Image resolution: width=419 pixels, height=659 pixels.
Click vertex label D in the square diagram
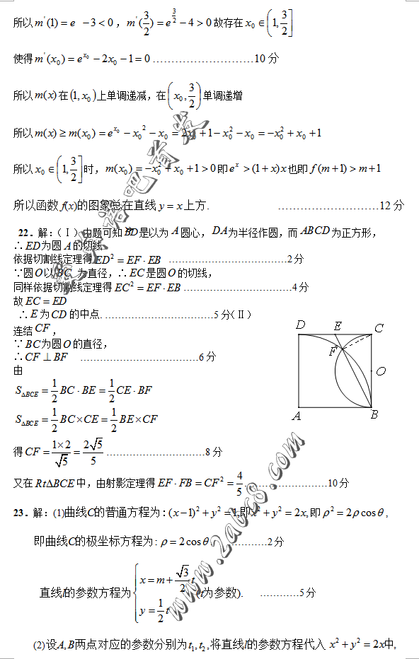pos(301,325)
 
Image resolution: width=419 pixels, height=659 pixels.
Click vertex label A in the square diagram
pos(297,416)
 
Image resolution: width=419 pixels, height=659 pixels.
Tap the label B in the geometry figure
pos(374,415)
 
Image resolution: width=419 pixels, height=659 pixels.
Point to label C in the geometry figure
pos(379,328)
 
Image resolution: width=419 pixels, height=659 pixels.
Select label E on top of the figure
pos(338,326)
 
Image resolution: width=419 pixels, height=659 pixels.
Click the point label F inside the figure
pos(333,351)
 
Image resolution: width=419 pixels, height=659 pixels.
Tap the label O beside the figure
pos(381,371)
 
